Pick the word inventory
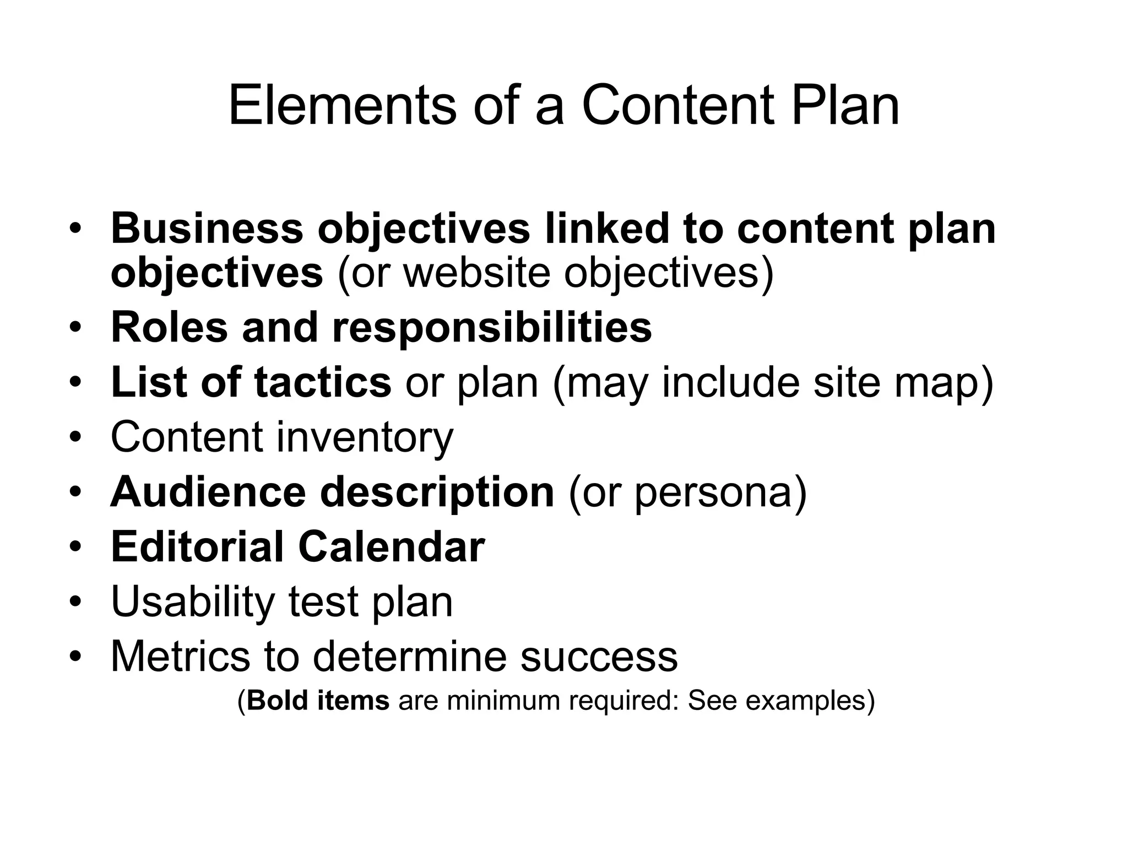365,437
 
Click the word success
599,657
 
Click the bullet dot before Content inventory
75,438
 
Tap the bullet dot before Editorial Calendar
75,547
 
